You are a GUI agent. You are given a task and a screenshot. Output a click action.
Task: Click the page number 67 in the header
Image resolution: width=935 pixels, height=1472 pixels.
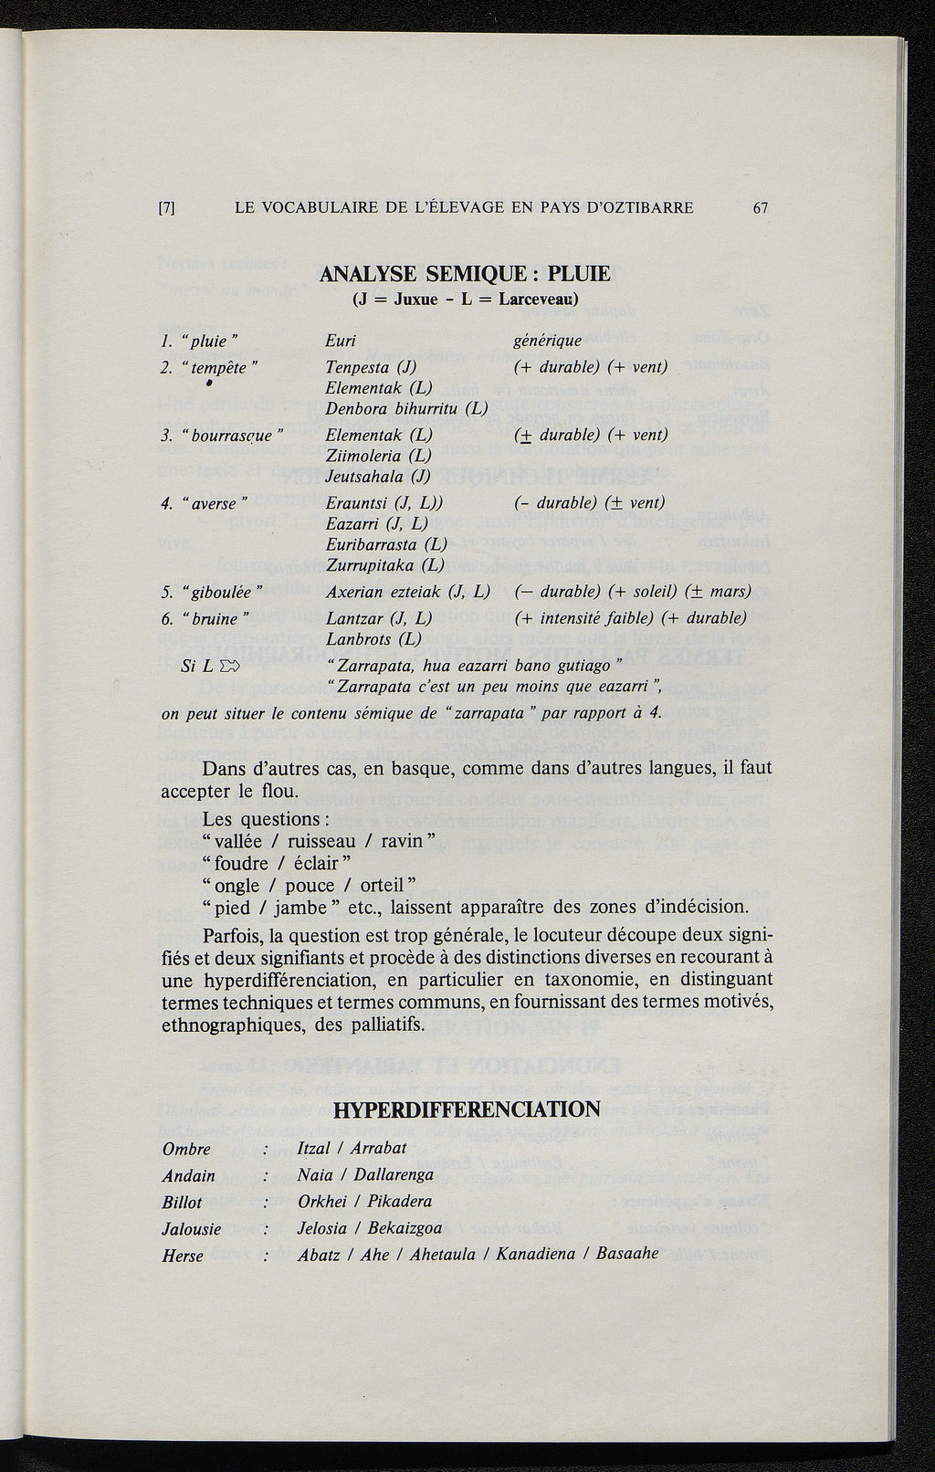coord(760,207)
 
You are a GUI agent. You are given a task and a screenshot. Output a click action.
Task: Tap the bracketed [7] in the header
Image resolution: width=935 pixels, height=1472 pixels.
coord(166,207)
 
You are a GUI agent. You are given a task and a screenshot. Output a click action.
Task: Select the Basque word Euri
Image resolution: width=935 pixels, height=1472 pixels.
coord(341,342)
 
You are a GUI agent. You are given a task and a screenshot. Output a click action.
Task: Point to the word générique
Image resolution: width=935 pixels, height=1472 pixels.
coord(548,342)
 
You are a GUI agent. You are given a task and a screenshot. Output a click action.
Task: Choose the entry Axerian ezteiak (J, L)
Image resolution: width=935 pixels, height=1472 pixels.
coord(408,592)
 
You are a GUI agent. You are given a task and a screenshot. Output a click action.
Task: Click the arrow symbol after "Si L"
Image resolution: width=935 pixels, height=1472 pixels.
coord(228,666)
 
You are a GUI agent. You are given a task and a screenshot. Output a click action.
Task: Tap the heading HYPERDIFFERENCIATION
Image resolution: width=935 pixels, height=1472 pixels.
coord(467,1109)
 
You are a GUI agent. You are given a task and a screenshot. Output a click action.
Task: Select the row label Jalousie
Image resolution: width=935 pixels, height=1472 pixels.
coord(192,1229)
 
